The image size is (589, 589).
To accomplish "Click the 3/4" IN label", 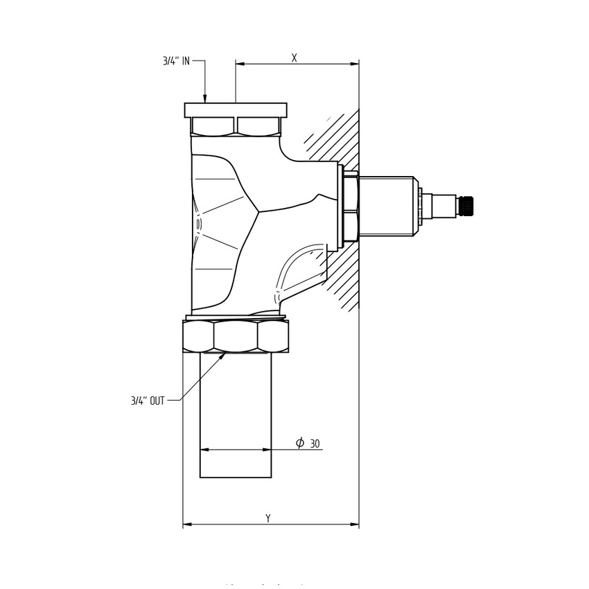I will (x=176, y=61).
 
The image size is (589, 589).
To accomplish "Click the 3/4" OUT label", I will (x=148, y=401).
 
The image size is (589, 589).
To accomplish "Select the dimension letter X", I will (x=294, y=58).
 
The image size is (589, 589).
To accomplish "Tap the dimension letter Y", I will (x=268, y=518).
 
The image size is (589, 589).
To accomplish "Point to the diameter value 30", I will (x=315, y=443).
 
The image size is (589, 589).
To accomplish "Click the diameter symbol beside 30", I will (x=300, y=443).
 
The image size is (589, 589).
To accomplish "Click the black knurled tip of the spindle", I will (x=466, y=206).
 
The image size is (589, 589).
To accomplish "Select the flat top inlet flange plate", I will (x=236, y=110).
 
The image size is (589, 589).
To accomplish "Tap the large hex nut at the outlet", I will (x=236, y=337).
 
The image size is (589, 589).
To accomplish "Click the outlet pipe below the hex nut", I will (x=236, y=416).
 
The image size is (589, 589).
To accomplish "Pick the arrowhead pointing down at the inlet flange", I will (x=205, y=98).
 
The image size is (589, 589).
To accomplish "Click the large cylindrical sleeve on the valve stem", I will (x=386, y=206).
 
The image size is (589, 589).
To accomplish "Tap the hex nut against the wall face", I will (x=351, y=206).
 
